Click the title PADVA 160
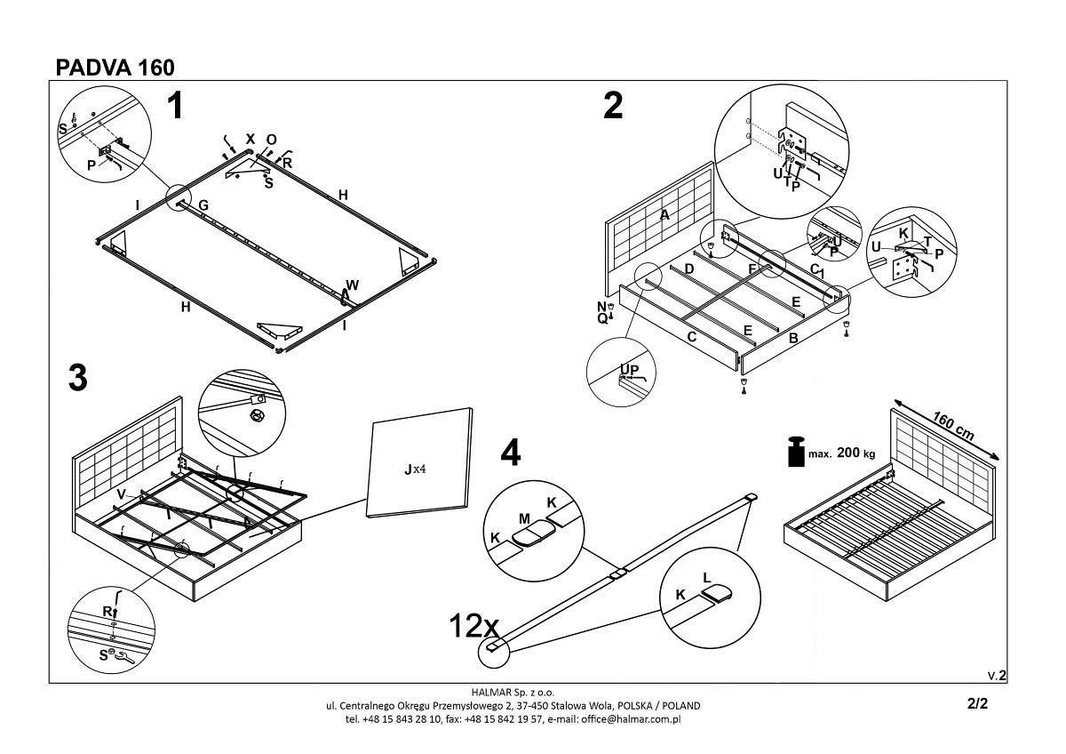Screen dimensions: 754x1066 point(115,68)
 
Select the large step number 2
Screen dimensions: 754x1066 point(613,106)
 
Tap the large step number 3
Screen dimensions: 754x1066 point(78,378)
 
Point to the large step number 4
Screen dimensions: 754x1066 point(510,453)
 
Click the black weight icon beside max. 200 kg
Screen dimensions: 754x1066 point(795,451)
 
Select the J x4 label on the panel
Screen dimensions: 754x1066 point(416,469)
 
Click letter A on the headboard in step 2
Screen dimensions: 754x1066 point(664,214)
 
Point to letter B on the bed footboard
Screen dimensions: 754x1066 point(793,338)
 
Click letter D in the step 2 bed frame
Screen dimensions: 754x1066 point(688,269)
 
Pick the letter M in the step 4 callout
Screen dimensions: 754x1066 point(525,518)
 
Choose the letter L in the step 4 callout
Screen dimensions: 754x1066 point(707,577)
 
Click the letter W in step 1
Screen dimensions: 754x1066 point(353,285)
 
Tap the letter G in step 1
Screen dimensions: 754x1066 point(203,205)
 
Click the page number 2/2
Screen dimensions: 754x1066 point(977,703)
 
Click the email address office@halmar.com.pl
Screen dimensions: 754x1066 point(630,718)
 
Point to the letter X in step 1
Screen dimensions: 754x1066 point(250,140)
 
